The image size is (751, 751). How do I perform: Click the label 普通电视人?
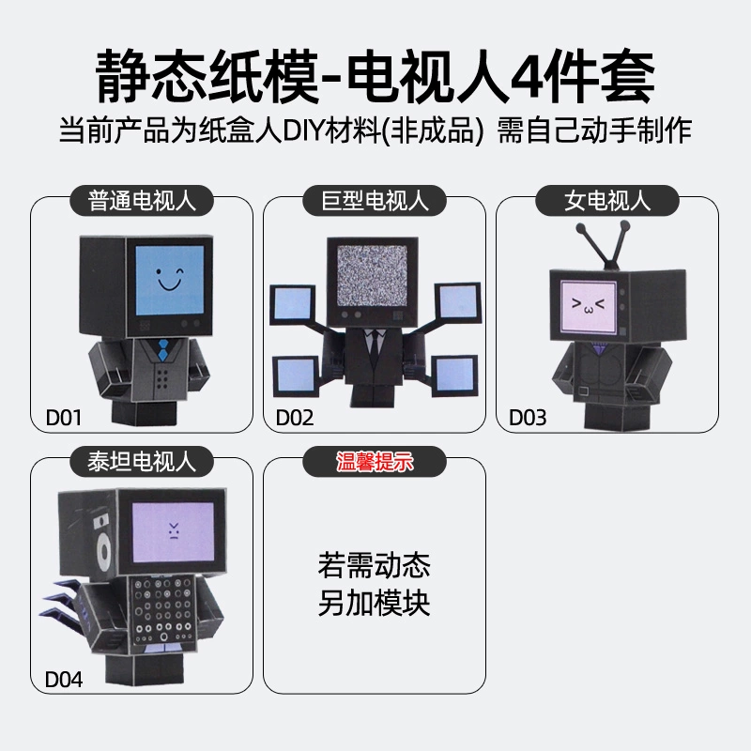pos(142,201)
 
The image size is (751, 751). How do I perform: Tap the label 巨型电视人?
pos(375,201)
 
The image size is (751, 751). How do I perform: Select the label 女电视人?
pos(607,201)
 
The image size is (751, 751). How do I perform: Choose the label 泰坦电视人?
pos(142,462)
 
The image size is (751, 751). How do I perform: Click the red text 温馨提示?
pos(375,462)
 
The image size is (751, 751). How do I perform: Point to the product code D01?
pos(63,418)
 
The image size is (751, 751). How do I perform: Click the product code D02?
pos(295,418)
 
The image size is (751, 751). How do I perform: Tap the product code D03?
pos(528,418)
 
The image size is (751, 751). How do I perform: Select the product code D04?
pos(63,679)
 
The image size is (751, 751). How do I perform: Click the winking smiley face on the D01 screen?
pos(170,280)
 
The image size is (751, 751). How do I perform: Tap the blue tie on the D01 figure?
pos(163,348)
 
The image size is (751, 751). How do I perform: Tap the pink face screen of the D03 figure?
pos(588,307)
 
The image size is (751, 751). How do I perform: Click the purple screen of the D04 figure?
pos(173,532)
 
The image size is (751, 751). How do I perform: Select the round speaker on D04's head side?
pos(102,550)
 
